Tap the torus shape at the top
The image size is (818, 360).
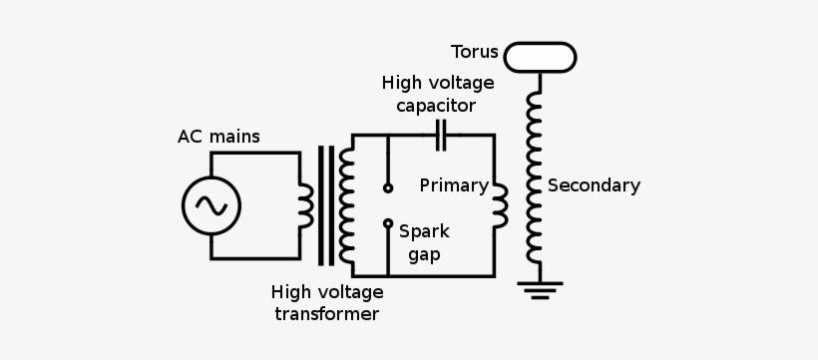tap(540, 57)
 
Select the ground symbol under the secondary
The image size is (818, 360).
tap(540, 290)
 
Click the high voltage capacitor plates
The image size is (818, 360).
tap(440, 135)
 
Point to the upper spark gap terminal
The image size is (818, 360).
tap(388, 187)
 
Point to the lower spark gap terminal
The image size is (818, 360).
tap(388, 223)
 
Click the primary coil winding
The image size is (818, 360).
tap(500, 203)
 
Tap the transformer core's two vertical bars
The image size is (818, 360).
tap(325, 205)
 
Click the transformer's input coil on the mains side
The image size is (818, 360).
tap(305, 205)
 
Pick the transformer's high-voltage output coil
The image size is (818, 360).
tap(346, 205)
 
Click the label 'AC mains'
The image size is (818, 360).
tap(218, 137)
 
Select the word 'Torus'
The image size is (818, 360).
tap(473, 51)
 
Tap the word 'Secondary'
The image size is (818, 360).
tap(594, 185)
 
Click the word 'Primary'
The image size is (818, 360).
tap(453, 185)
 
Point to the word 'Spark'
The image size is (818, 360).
tap(424, 231)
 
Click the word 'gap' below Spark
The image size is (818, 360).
tap(423, 254)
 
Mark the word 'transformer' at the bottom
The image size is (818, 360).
tap(326, 314)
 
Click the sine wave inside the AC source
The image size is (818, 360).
tap(210, 205)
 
